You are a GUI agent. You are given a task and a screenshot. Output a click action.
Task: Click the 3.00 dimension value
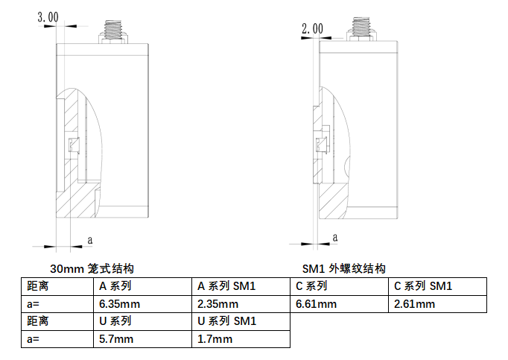click(x=48, y=17)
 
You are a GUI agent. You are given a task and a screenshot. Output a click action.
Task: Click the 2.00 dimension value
click(x=312, y=28)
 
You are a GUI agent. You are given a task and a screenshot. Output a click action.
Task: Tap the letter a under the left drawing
click(x=90, y=240)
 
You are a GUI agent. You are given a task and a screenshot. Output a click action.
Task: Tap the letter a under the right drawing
click(x=335, y=238)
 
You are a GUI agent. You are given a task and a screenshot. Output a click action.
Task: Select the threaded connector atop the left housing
click(x=112, y=32)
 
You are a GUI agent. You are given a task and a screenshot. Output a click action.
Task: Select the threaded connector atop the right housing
click(x=361, y=29)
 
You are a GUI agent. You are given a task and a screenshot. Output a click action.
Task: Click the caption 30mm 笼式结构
click(x=92, y=268)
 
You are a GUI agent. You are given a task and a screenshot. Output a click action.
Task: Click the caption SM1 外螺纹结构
click(x=343, y=268)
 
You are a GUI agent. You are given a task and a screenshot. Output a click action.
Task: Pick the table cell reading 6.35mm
click(x=142, y=304)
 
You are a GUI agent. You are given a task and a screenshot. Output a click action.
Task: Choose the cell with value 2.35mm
click(x=241, y=304)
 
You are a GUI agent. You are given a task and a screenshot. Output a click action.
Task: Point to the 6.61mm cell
click(x=339, y=304)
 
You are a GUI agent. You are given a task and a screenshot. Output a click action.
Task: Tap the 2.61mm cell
click(x=437, y=304)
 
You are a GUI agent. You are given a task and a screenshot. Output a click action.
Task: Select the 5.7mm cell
click(x=142, y=339)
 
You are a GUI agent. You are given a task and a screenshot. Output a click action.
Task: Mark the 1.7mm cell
click(x=241, y=339)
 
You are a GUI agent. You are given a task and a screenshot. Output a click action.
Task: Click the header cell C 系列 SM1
click(x=437, y=286)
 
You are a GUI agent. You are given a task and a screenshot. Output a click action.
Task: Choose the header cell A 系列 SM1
click(x=241, y=286)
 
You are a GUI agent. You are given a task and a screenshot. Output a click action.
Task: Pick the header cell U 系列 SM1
click(x=241, y=321)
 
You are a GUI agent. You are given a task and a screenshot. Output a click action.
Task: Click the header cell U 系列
click(x=142, y=321)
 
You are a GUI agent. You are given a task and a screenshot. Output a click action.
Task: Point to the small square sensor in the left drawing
click(x=74, y=145)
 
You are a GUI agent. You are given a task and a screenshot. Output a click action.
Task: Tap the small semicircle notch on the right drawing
click(x=346, y=166)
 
